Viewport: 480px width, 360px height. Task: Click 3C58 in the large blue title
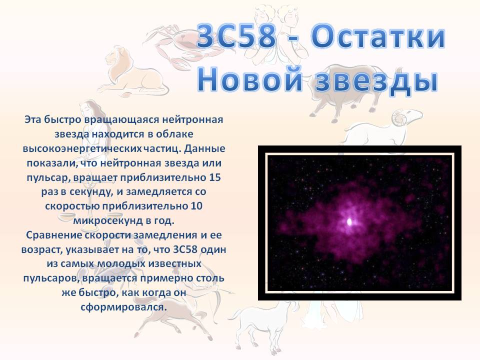click(x=237, y=36)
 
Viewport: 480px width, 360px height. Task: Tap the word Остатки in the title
click(x=378, y=36)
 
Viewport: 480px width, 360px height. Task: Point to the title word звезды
click(x=377, y=80)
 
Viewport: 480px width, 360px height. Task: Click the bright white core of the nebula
click(x=349, y=221)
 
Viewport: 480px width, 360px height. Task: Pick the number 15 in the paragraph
click(x=215, y=177)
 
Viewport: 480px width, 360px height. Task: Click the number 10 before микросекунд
click(x=196, y=205)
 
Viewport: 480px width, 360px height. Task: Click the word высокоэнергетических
click(x=82, y=149)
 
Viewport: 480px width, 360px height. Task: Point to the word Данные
click(x=205, y=149)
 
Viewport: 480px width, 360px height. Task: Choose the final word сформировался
click(x=123, y=306)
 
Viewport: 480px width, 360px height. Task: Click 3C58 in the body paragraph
click(x=185, y=249)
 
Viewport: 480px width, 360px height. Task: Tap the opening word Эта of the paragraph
click(x=32, y=119)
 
